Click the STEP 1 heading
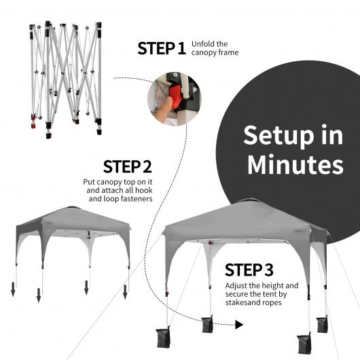tap(162, 48)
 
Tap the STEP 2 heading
tap(128, 166)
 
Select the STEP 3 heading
tap(249, 270)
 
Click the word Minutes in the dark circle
tap(295, 164)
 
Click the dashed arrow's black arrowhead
tap(239, 325)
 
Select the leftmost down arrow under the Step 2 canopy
tap(13, 289)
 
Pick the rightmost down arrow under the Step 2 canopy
tap(125, 292)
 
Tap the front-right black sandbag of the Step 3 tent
tap(304, 344)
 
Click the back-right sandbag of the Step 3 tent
tap(322, 325)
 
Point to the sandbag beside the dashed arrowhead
tap(207, 324)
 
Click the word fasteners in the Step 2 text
tap(137, 198)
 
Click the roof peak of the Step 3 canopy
tap(249, 200)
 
